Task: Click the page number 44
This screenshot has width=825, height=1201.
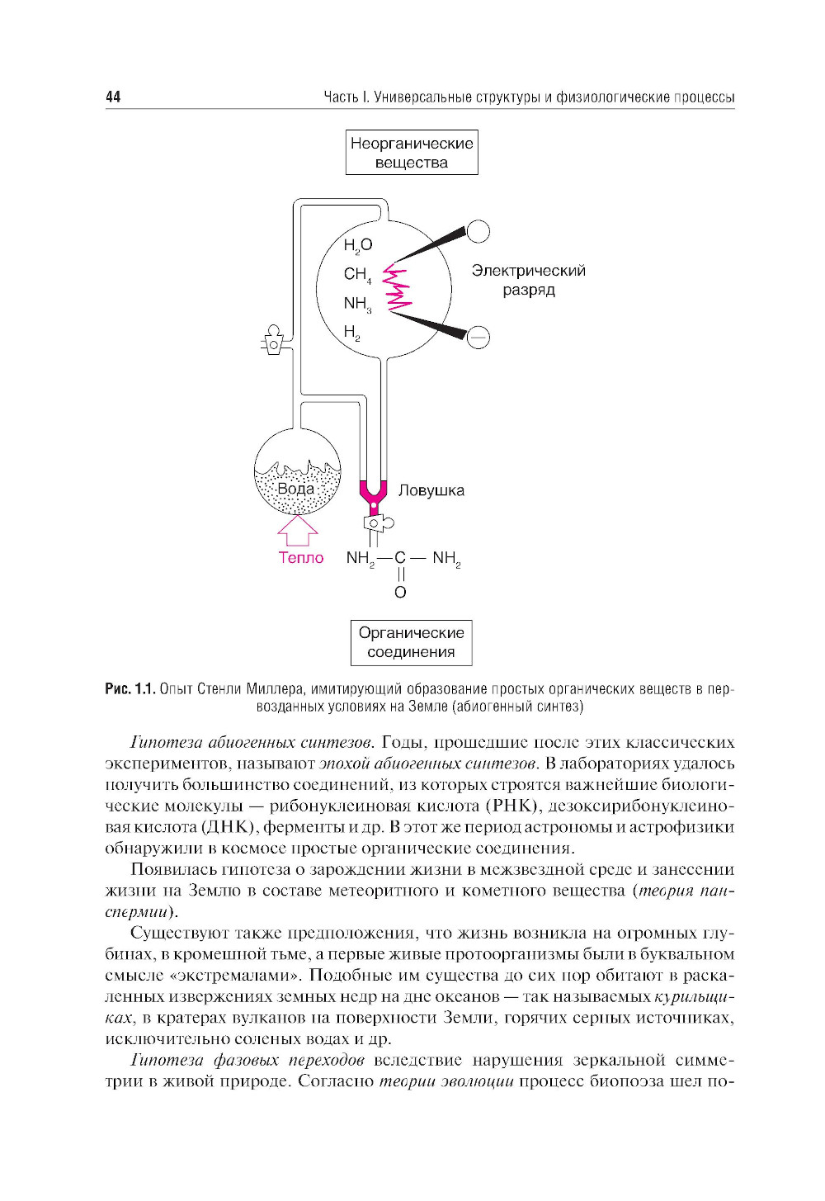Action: (113, 97)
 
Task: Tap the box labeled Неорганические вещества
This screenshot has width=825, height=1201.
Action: (412, 153)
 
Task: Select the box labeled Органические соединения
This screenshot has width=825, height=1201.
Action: (411, 642)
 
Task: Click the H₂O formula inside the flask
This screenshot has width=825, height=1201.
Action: (358, 245)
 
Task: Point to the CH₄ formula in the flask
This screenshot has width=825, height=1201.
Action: (357, 274)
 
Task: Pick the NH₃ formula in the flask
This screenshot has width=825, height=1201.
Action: (357, 304)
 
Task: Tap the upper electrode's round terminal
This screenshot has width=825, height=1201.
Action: (478, 231)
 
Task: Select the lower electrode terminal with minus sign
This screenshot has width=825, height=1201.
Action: (478, 337)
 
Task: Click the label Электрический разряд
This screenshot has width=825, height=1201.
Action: (528, 280)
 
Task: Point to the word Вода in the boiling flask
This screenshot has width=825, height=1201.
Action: (295, 489)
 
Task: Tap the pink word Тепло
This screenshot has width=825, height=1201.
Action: (301, 558)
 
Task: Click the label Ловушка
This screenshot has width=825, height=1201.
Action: (431, 490)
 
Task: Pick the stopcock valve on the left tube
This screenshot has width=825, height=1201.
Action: (273, 342)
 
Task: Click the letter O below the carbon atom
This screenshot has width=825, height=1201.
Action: (400, 592)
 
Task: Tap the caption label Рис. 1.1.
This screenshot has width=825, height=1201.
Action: (130, 688)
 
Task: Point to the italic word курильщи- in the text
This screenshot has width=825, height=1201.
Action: (693, 996)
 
